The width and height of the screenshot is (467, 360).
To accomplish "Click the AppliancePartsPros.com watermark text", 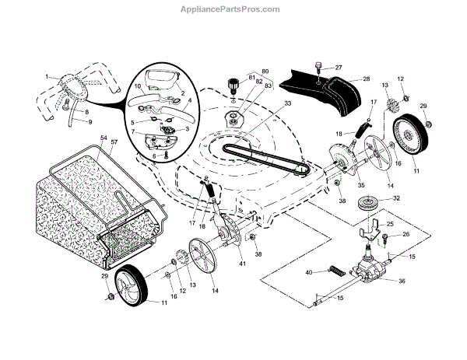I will (x=233, y=9).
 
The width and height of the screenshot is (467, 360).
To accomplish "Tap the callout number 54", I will (x=104, y=137).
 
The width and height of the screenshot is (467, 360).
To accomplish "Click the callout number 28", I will (x=366, y=79).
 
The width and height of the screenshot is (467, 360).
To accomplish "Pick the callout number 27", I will (x=338, y=68).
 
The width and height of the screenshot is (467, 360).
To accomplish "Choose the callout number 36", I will (x=402, y=281).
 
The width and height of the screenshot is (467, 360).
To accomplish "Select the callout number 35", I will (x=339, y=187).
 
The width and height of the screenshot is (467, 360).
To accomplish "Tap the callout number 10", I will (x=139, y=85).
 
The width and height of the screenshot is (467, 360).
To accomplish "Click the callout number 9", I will (x=89, y=122).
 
